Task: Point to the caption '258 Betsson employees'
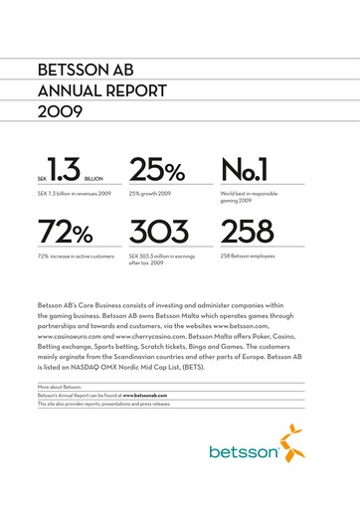(x=253, y=255)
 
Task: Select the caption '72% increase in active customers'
(x=76, y=255)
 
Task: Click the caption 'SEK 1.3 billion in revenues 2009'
(x=74, y=192)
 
